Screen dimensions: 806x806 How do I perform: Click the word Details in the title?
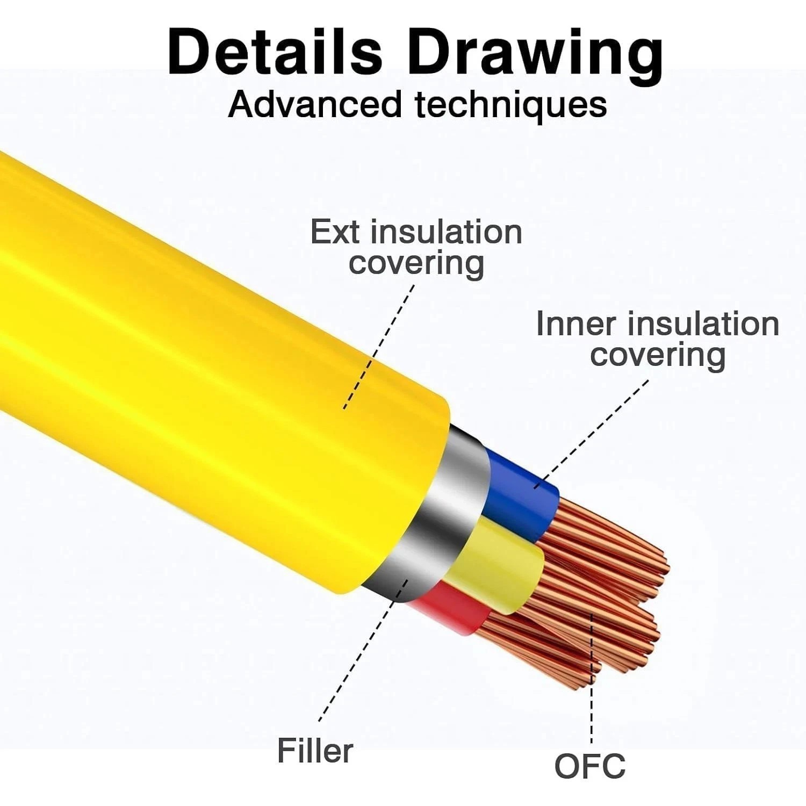[275, 52]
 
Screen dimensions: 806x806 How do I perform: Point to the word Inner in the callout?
[575, 324]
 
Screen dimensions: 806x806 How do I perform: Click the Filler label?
[315, 751]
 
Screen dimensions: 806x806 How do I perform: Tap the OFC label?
[589, 766]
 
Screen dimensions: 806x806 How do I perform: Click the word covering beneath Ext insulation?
[416, 264]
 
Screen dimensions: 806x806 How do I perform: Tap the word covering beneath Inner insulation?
[658, 356]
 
